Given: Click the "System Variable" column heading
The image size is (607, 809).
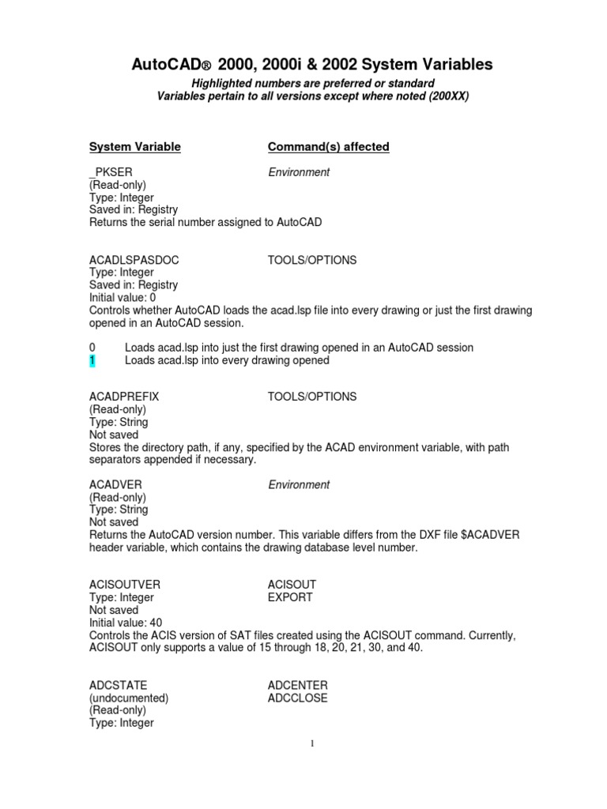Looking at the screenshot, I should [x=135, y=147].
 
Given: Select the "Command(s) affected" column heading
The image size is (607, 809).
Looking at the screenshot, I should [x=328, y=147].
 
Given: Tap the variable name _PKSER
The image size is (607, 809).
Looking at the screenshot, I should [x=110, y=172].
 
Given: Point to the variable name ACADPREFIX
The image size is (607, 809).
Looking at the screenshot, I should [x=125, y=397].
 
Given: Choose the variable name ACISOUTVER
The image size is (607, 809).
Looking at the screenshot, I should [x=125, y=585].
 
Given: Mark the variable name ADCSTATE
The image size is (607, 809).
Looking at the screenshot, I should [x=119, y=685].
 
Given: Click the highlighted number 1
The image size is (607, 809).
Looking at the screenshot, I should [x=92, y=360].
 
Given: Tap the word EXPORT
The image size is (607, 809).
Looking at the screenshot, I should [x=290, y=597].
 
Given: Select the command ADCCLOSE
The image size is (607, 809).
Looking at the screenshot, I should [x=298, y=698].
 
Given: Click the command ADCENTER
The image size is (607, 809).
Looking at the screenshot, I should [x=298, y=685].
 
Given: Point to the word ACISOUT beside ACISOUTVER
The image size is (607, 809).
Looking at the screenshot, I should [x=292, y=585].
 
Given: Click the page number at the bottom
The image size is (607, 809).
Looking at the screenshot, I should [x=313, y=743].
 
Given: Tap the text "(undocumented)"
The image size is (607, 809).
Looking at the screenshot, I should [x=129, y=698].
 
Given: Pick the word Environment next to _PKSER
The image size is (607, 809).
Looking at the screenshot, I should [x=299, y=172].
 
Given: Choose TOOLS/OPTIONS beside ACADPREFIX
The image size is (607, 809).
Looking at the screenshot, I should [x=312, y=397].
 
